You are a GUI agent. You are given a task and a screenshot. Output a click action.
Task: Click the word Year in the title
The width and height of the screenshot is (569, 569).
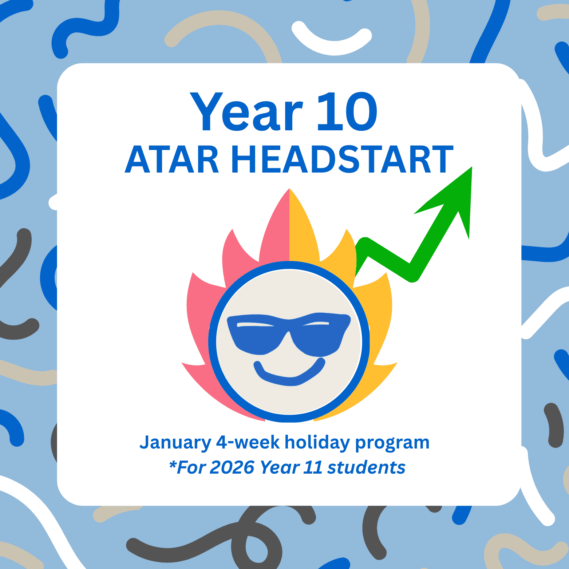tap(246, 111)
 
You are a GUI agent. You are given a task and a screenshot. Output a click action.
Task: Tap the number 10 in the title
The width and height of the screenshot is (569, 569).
tap(348, 111)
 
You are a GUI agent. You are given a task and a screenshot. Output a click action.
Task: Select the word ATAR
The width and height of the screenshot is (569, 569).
tap(171, 159)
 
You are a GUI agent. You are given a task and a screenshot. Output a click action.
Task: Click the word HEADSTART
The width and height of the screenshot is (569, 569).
tap(343, 159)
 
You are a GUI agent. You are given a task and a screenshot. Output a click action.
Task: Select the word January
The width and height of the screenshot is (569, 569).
tap(175, 443)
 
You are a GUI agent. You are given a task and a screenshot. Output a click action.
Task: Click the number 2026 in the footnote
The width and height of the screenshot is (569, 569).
tap(232, 467)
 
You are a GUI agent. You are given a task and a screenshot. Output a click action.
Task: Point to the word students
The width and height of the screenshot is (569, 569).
tap(366, 467)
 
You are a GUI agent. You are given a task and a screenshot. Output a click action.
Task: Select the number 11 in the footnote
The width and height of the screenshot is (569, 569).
tap(313, 467)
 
